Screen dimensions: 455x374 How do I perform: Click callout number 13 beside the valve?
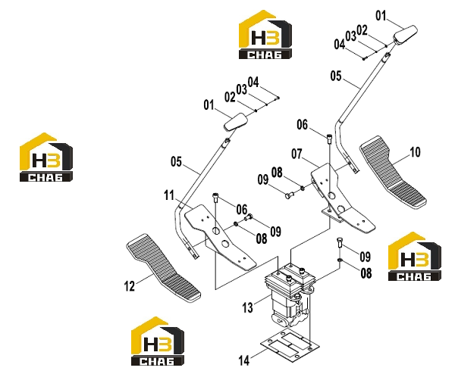(247, 307)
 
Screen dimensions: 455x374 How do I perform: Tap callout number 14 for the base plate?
(243, 360)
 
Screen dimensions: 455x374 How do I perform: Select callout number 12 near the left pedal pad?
(130, 286)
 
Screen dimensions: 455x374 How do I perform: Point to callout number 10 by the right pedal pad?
(415, 152)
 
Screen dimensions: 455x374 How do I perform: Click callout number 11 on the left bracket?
(169, 195)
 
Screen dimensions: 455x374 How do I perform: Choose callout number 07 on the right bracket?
(297, 154)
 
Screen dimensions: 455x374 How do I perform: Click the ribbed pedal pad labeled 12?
(163, 268)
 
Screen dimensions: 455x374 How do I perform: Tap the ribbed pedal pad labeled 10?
(393, 172)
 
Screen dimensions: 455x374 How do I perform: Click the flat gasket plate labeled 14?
(290, 346)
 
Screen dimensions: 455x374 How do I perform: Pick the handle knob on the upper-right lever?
(406, 35)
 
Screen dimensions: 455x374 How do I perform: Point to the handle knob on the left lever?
(235, 122)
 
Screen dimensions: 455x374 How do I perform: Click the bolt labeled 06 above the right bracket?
(329, 139)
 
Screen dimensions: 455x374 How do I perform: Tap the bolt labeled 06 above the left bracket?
(215, 198)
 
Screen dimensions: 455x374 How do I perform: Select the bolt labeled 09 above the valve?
(340, 242)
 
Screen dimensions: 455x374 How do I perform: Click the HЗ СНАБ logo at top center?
(265, 35)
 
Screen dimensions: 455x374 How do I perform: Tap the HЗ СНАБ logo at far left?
(46, 157)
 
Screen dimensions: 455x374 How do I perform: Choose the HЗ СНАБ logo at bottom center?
(158, 341)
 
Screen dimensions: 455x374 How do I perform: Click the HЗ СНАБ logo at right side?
(415, 256)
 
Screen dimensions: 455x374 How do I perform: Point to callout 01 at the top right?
(381, 16)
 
